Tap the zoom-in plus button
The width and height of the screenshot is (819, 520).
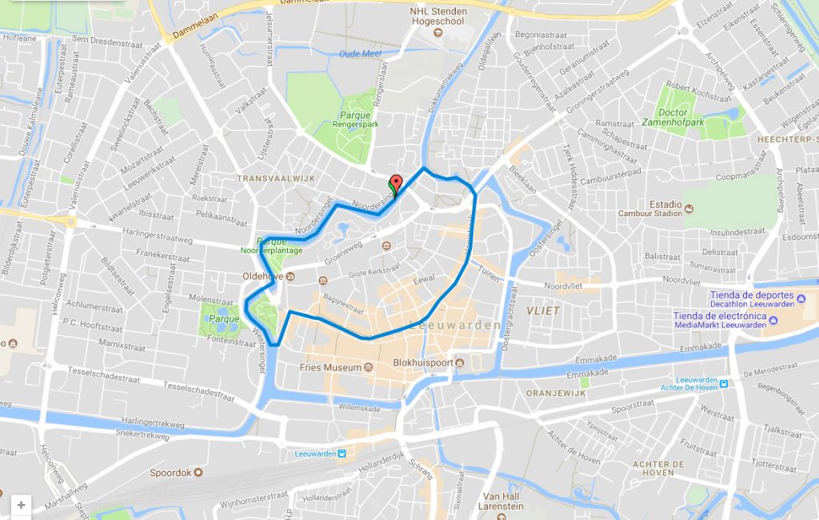tap(21, 505)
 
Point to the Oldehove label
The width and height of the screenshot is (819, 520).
tap(263, 277)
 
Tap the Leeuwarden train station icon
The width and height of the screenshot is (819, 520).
tap(342, 454)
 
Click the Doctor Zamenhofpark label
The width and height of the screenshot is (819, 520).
tap(672, 118)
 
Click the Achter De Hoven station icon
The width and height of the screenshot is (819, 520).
tap(723, 383)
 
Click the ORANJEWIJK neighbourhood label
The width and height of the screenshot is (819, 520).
tap(557, 394)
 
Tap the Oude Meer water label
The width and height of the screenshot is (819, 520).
tap(361, 54)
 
